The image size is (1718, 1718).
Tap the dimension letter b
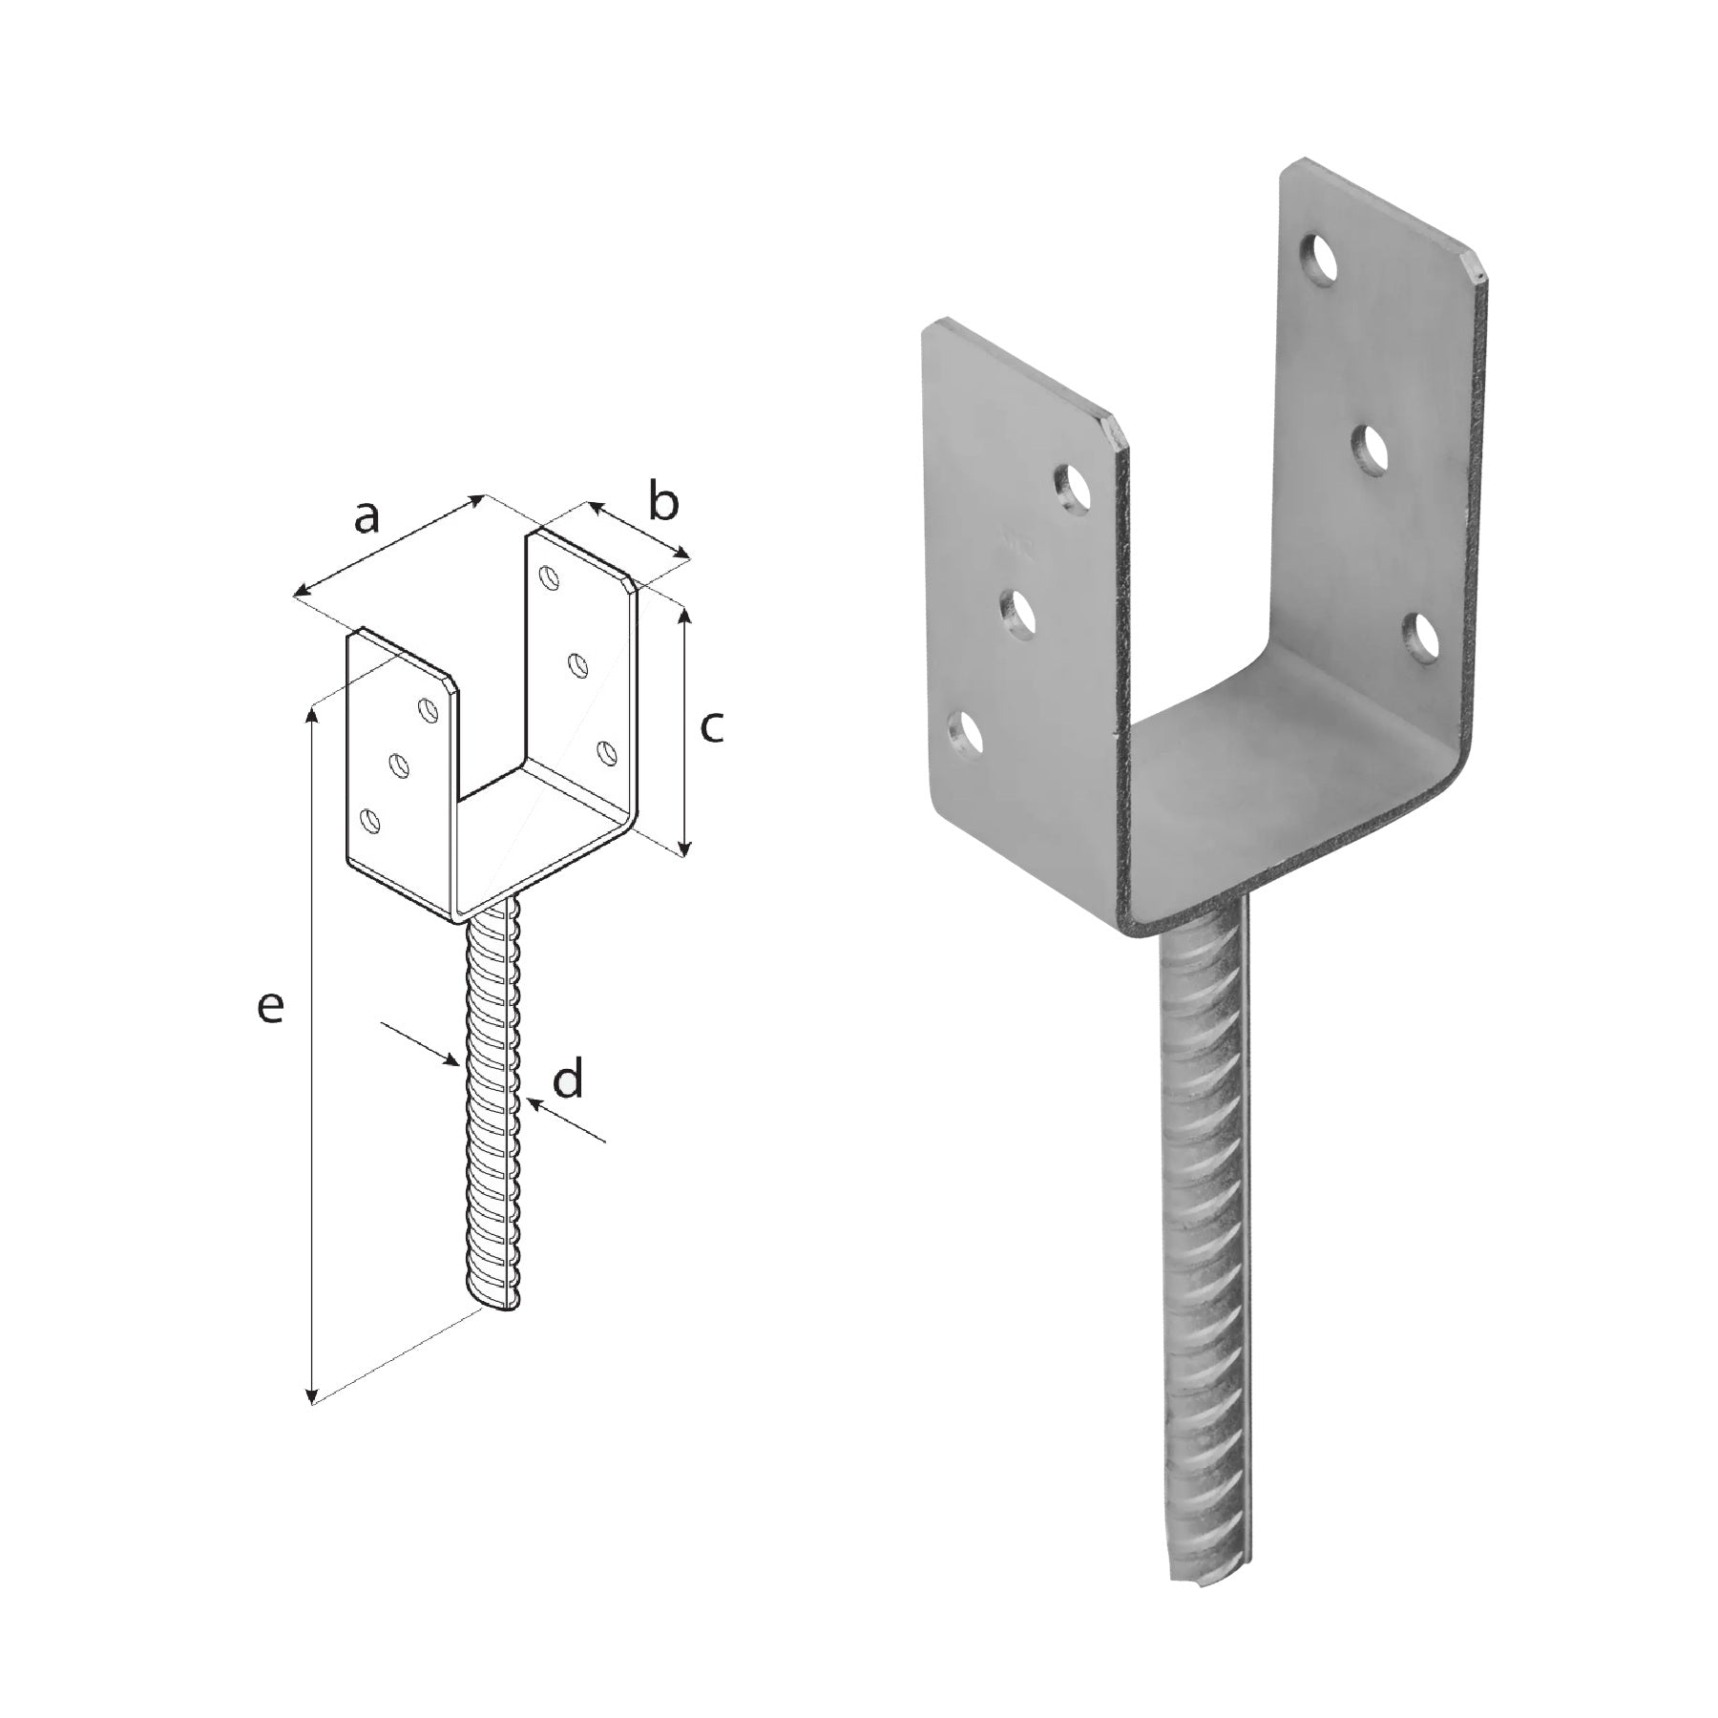[663, 502]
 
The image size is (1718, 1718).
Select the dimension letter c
[712, 727]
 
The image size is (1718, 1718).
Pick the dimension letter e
[271, 1008]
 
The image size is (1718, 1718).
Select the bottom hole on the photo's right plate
[1422, 635]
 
